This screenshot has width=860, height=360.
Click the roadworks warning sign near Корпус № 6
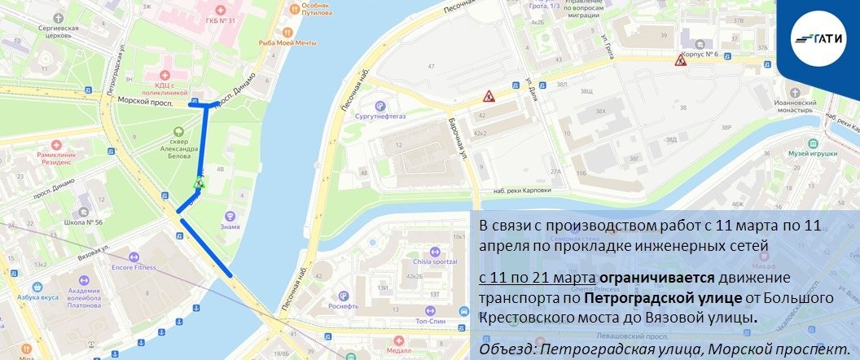coord(680,60)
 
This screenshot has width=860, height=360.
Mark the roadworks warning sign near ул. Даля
coord(488,97)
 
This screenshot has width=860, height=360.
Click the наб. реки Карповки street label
coord(522,191)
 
